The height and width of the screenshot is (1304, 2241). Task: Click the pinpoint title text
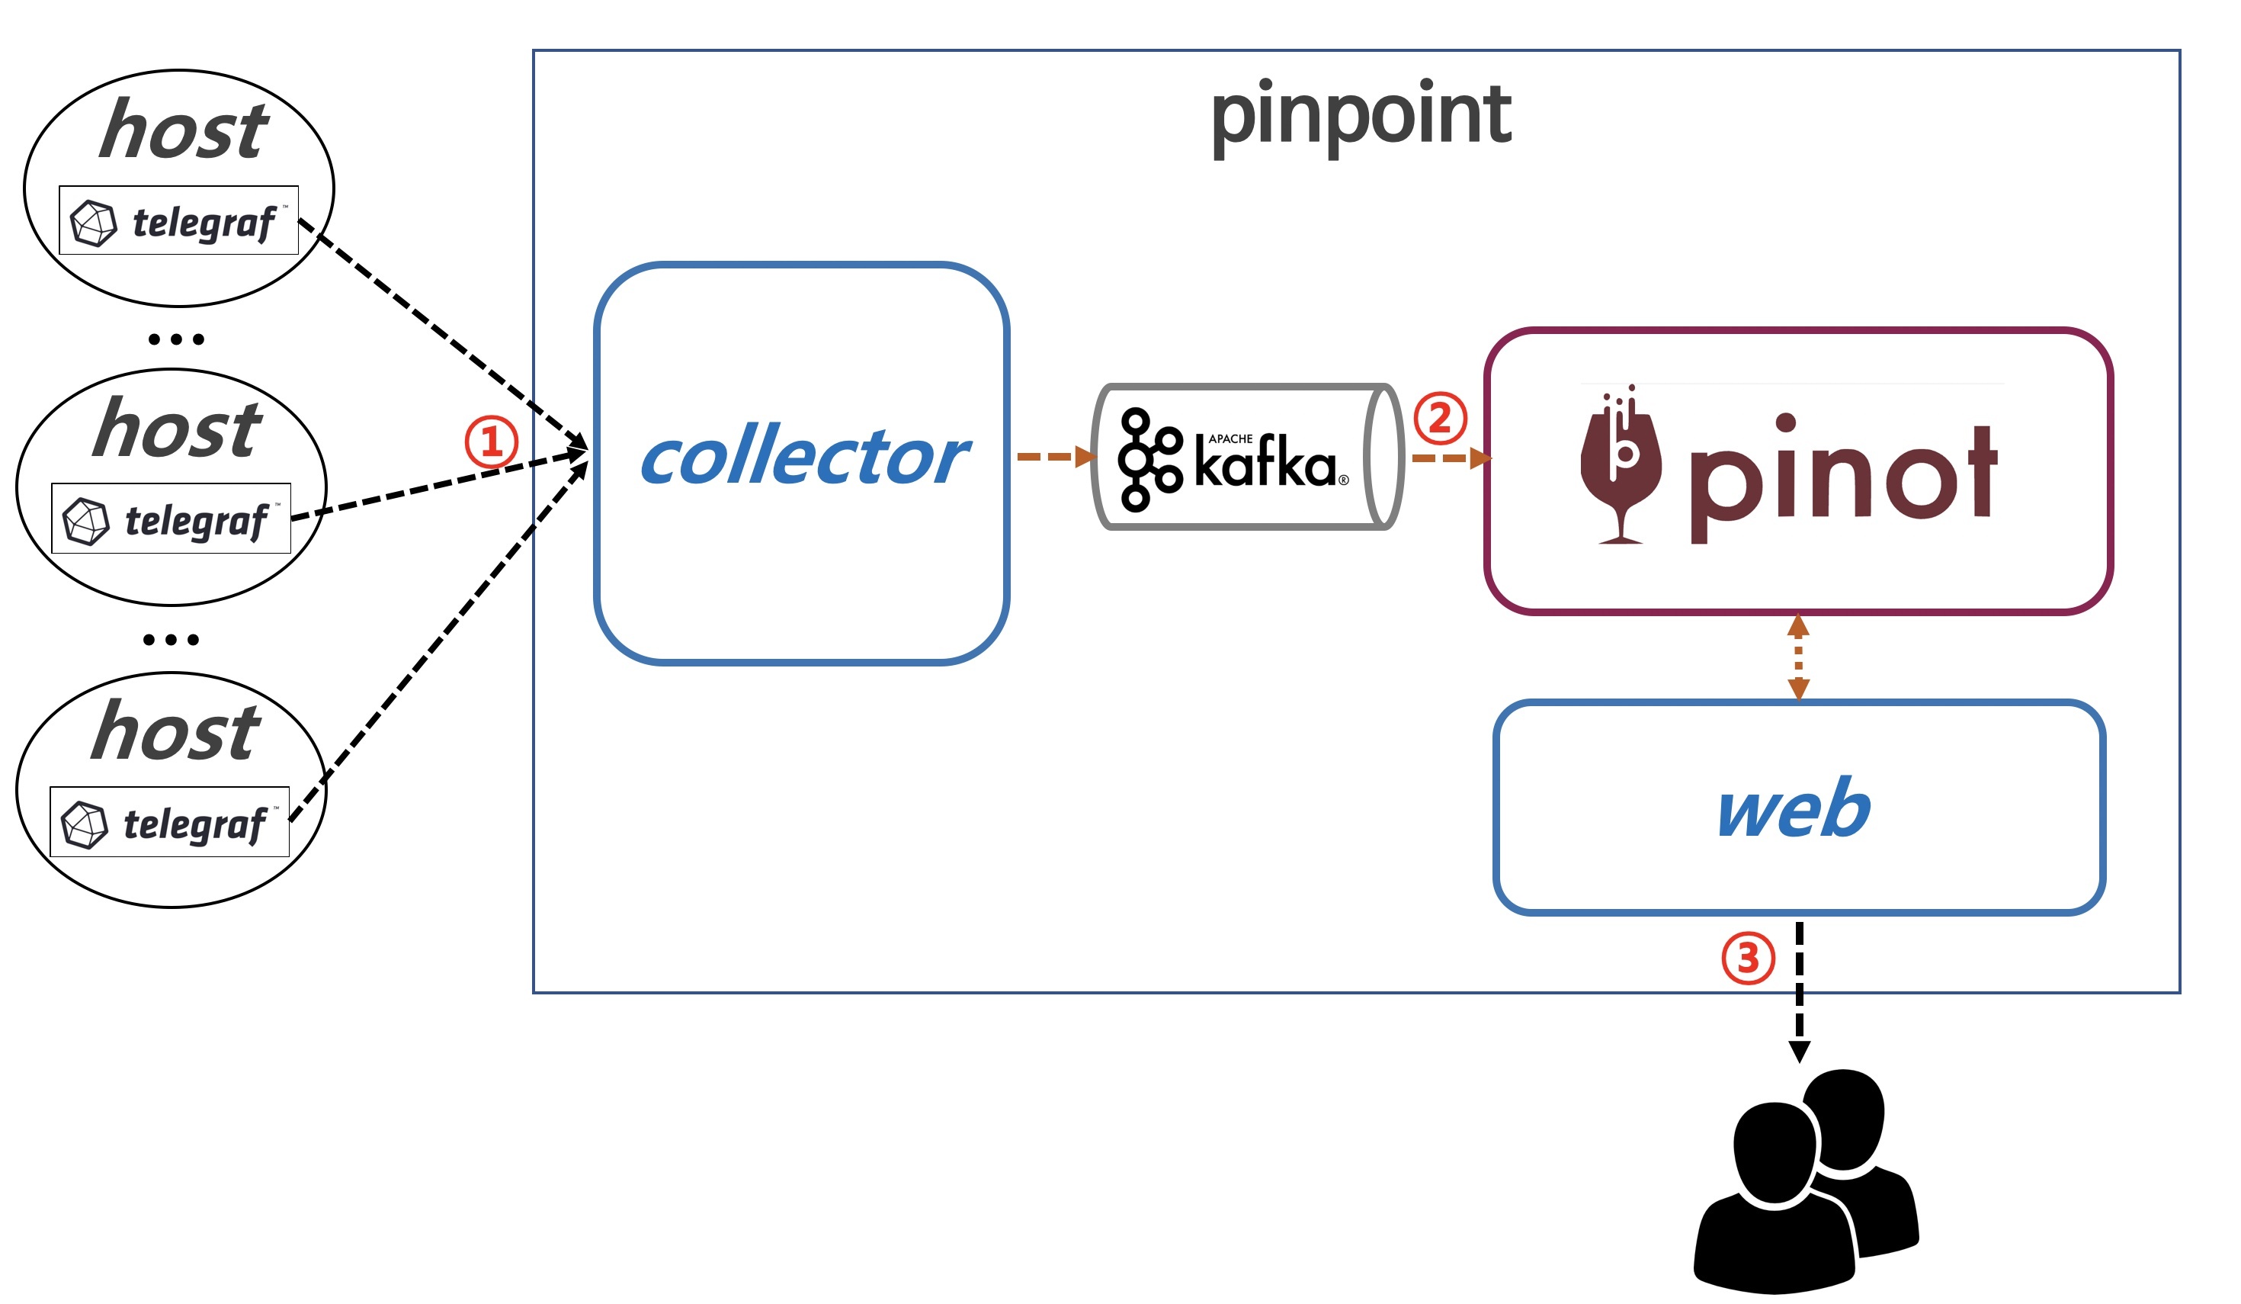(1361, 118)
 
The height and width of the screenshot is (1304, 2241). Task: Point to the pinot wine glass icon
(1621, 464)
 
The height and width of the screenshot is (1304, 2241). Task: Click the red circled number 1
(491, 442)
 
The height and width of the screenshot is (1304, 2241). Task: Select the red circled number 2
(1440, 418)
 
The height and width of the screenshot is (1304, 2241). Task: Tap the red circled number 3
(1749, 958)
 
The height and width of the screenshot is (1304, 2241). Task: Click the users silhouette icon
(1807, 1181)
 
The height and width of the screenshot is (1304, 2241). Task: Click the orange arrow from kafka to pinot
(1452, 458)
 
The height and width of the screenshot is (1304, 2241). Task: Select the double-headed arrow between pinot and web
(1798, 657)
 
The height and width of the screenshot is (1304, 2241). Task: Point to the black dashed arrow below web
(1799, 992)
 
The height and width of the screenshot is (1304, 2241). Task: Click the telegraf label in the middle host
(197, 522)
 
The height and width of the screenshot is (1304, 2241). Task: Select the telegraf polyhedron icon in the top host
(93, 223)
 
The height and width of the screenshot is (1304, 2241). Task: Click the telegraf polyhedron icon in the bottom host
(85, 824)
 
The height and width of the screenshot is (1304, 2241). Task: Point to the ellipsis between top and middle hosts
(176, 339)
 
